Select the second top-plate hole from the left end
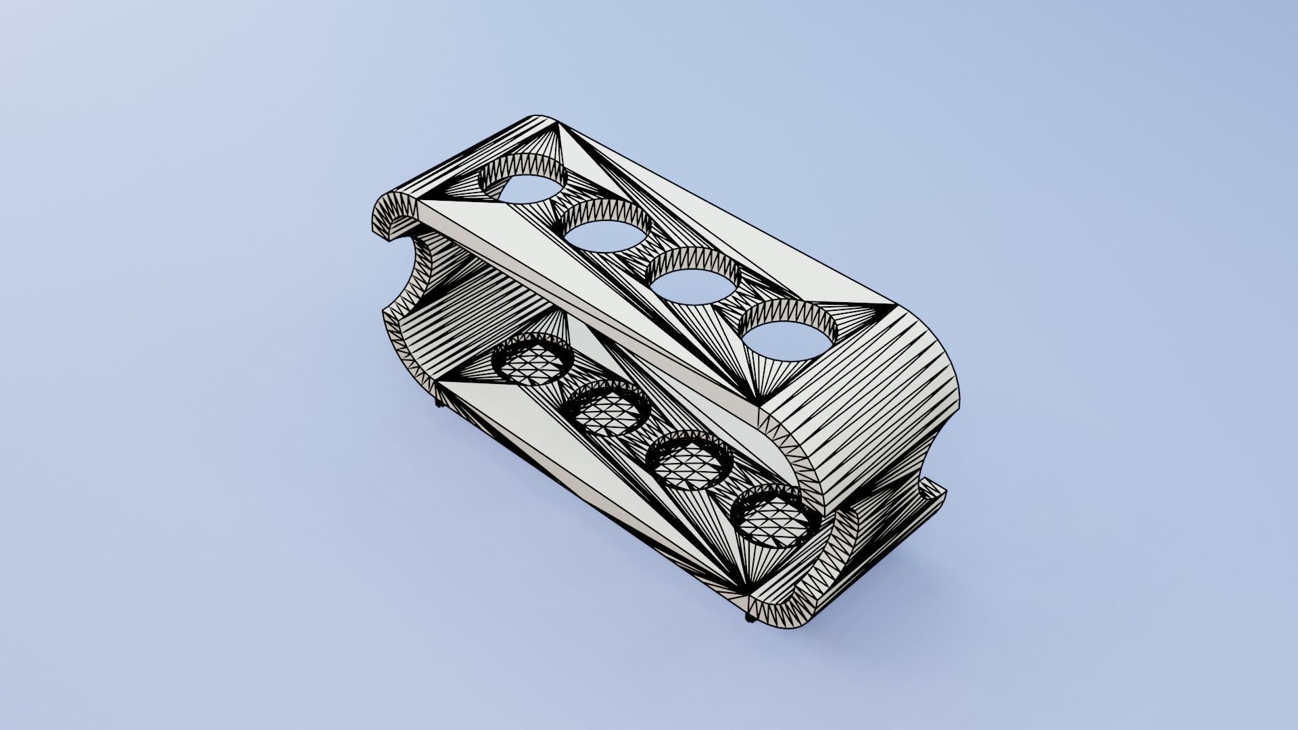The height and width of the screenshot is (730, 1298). click(605, 233)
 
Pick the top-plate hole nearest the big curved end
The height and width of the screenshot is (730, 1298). click(788, 335)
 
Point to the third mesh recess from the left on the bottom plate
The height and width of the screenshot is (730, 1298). click(690, 463)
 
